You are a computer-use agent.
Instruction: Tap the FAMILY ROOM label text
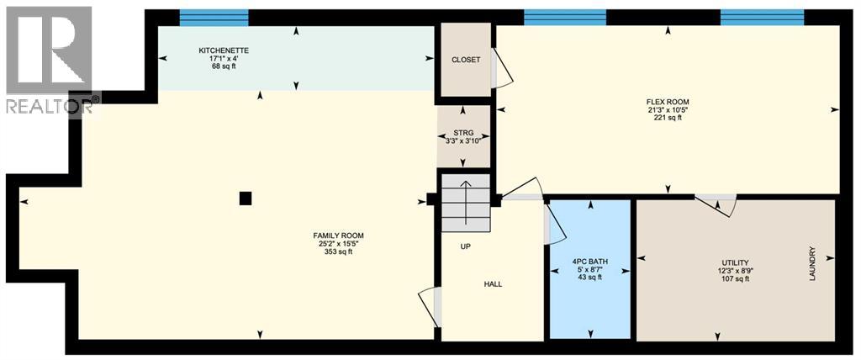(x=340, y=236)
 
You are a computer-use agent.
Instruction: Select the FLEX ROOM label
(x=668, y=102)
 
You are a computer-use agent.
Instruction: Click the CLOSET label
(x=466, y=61)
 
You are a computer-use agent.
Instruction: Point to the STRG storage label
(x=463, y=131)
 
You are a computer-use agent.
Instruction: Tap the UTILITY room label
(x=735, y=262)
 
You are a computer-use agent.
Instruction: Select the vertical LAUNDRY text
(x=812, y=263)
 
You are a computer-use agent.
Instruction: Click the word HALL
(x=493, y=284)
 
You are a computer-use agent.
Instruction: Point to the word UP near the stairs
(x=465, y=247)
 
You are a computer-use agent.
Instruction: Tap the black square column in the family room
(x=245, y=199)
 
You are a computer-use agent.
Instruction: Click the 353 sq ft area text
(x=340, y=251)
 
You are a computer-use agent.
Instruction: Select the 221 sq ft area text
(x=668, y=118)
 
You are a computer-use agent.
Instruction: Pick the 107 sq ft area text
(x=735, y=278)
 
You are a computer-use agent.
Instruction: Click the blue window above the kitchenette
(x=214, y=17)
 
